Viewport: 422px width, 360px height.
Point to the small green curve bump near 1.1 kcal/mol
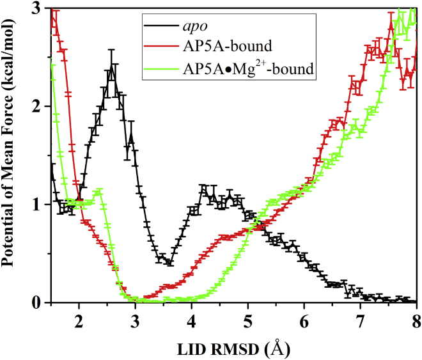click(98, 191)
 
